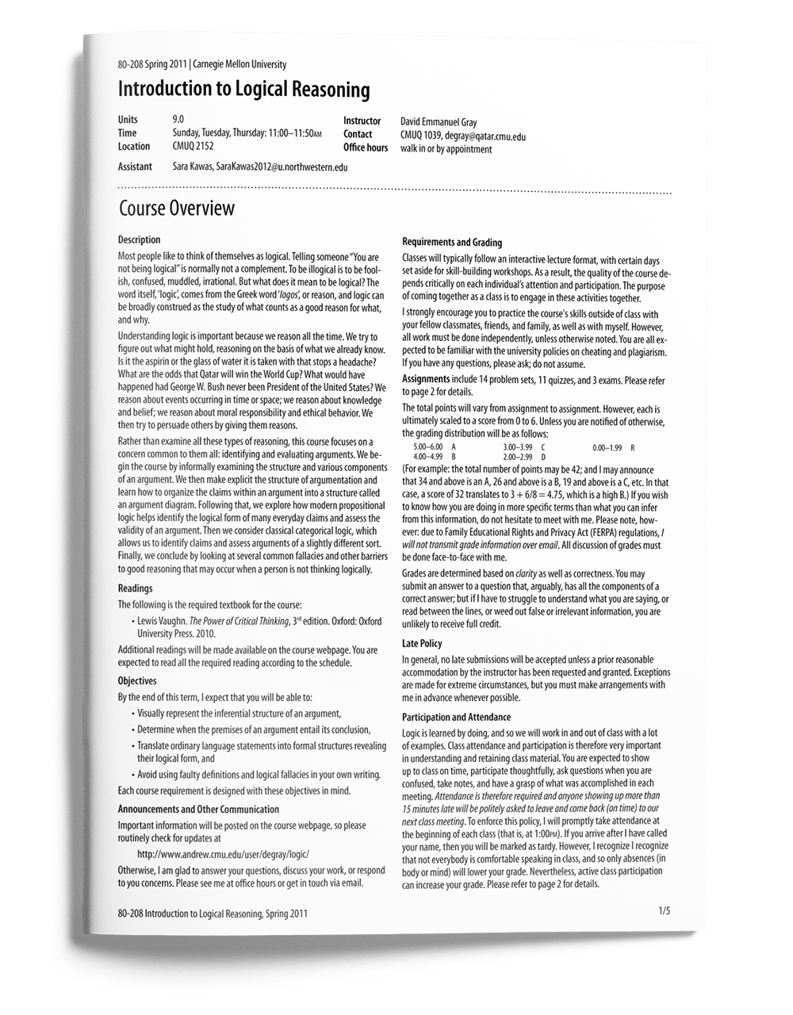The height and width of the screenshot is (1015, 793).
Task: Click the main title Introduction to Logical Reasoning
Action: (x=243, y=90)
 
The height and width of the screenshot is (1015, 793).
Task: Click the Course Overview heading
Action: (x=176, y=209)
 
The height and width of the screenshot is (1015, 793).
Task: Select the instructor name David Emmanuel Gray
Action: (x=439, y=122)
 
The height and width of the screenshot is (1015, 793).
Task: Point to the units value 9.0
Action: (x=178, y=120)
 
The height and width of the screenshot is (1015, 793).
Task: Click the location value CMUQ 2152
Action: (x=193, y=146)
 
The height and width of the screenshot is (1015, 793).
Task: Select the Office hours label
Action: (x=366, y=148)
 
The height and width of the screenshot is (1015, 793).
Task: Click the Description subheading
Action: (x=139, y=240)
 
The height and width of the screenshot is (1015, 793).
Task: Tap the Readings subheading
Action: (x=135, y=588)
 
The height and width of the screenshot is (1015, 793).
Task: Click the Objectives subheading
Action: (x=137, y=681)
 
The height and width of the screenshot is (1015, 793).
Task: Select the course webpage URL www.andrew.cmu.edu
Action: (x=223, y=854)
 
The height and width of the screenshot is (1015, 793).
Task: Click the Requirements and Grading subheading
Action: (x=452, y=243)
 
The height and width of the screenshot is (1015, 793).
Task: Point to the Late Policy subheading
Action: (x=422, y=644)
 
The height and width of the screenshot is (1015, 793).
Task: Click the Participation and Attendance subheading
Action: (x=456, y=718)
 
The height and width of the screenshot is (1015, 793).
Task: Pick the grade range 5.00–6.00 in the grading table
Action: (x=428, y=448)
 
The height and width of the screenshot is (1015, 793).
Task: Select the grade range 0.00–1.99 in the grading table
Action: (x=607, y=448)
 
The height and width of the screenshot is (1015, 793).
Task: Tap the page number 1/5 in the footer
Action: (x=664, y=911)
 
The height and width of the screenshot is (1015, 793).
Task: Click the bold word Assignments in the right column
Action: (x=426, y=380)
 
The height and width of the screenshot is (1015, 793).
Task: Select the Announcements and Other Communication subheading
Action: (x=198, y=810)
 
